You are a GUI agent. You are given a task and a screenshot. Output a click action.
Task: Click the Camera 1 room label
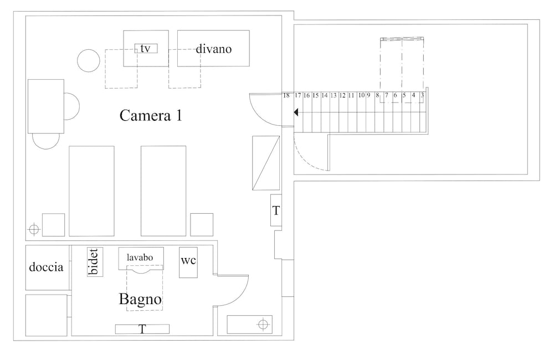coord(151,115)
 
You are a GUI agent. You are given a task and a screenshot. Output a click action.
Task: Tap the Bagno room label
coord(140,299)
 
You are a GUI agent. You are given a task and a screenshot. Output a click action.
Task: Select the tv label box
coord(146,48)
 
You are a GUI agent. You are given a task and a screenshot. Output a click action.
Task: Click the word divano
coord(214,48)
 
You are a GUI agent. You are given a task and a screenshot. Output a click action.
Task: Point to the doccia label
coord(47,267)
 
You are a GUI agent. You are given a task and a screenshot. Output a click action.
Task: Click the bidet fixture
coord(95,262)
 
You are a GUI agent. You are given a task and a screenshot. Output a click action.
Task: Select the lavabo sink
coord(141,259)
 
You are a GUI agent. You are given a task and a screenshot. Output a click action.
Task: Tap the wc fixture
coord(188,262)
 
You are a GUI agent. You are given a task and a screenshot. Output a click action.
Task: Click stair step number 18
coord(286,95)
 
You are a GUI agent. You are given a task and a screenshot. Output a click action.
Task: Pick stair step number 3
coord(422,95)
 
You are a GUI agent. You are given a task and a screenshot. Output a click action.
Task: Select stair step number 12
coord(342,95)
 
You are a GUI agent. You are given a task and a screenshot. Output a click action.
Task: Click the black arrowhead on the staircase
coord(296,112)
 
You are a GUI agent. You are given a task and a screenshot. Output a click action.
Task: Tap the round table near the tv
coord(89,61)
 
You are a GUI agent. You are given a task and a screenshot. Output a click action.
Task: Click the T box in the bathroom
coord(142,329)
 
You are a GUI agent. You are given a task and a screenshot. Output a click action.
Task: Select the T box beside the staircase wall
coord(276,210)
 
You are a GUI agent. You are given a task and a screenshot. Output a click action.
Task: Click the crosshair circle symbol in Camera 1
coord(34,230)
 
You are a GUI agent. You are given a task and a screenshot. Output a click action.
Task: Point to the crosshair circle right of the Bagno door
coord(263,324)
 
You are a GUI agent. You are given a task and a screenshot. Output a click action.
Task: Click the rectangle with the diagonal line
coord(266,163)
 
